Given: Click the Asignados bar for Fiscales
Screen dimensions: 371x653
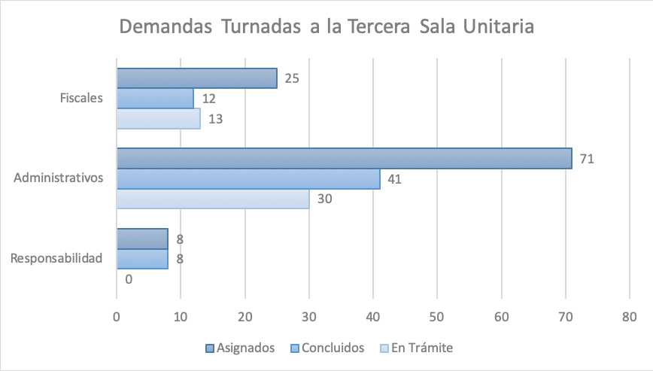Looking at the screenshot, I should tap(196, 78).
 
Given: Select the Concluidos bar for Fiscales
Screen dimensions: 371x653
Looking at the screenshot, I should tap(155, 99).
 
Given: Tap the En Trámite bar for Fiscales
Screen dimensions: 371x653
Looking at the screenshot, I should tap(158, 119).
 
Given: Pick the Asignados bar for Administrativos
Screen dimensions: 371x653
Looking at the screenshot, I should tap(344, 159).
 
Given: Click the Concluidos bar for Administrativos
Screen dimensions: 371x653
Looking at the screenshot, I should tap(248, 179).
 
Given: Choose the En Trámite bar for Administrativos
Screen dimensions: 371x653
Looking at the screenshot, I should tap(213, 199).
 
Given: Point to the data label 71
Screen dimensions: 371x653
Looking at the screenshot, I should tap(587, 159).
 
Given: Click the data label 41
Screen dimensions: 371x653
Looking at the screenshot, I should tap(395, 179).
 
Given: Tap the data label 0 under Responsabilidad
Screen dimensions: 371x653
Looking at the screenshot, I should tap(129, 279).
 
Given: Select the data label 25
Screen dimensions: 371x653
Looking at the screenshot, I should tap(292, 78).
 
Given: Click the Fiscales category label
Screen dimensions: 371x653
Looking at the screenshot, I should tap(81, 99).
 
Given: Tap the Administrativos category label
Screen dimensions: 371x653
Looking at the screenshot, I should tap(59, 178).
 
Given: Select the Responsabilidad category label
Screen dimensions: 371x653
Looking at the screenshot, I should tap(56, 259).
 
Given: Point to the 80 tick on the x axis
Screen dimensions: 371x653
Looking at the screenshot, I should tap(630, 316).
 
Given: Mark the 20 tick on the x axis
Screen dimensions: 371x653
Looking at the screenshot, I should tap(245, 316).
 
